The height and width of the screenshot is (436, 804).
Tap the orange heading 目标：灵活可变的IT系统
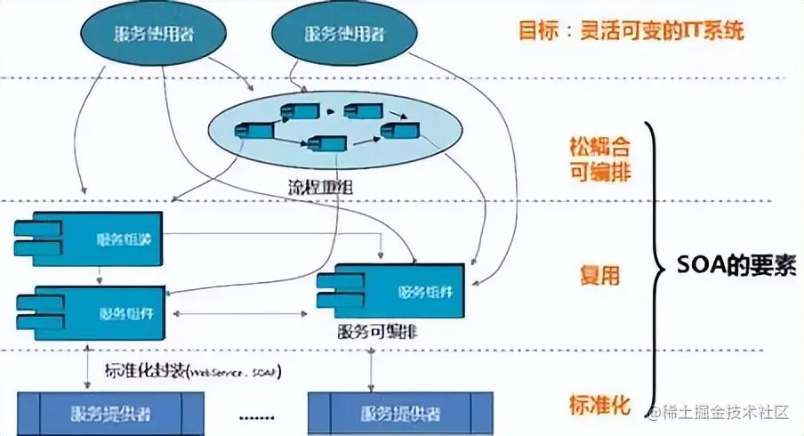pos(631,32)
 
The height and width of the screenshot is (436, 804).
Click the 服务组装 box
pos(90,239)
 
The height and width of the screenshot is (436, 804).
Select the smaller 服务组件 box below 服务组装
pos(90,313)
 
